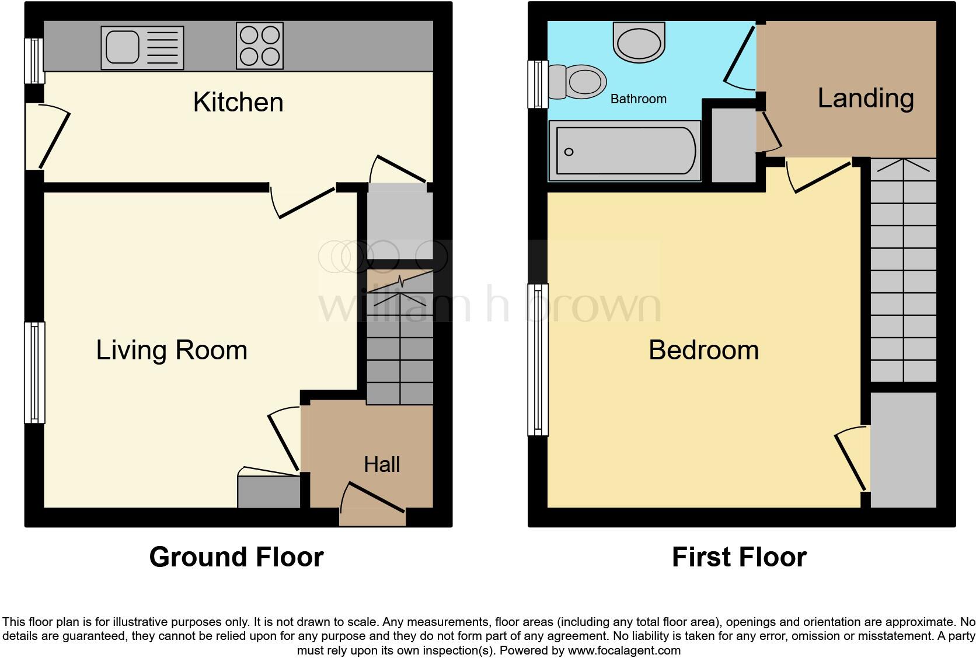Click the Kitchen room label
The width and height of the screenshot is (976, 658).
[238, 102]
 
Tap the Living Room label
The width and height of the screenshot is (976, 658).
[172, 350]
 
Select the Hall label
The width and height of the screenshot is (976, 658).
[382, 464]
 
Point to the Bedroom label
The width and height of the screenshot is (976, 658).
[703, 350]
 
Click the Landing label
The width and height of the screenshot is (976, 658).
[865, 98]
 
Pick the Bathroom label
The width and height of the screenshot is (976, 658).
[638, 99]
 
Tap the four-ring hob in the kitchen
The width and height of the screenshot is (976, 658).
[260, 45]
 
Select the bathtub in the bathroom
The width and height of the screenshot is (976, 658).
[625, 151]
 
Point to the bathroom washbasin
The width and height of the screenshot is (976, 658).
[639, 42]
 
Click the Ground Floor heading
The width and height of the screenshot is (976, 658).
[236, 557]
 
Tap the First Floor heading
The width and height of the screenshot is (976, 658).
[739, 557]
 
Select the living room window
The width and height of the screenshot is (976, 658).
[34, 372]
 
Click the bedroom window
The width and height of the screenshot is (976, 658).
[538, 359]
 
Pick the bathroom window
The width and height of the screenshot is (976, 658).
[537, 85]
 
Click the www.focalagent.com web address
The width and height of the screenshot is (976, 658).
[623, 650]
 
